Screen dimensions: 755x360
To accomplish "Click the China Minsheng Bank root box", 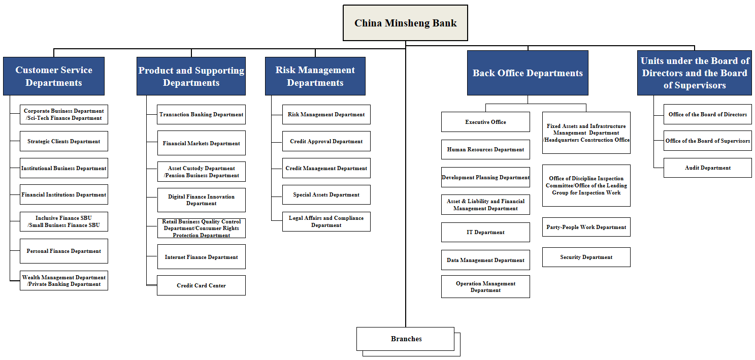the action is (405, 23).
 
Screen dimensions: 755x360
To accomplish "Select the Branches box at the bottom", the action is (405, 339).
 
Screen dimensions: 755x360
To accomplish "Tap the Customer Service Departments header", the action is (54, 76).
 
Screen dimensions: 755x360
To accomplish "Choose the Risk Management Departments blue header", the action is (315, 76).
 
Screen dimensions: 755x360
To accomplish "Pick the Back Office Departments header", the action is (528, 73).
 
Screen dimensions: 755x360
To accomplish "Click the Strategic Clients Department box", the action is (63, 141).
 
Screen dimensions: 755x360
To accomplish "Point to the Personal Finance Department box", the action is (63, 251).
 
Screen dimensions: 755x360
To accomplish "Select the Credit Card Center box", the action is (201, 285).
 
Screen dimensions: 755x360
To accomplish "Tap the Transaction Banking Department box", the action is (201, 115).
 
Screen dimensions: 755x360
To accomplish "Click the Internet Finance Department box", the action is (201, 257).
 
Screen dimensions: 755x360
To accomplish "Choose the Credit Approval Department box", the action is (326, 141).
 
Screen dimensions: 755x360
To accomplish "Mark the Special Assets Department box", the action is (326, 194).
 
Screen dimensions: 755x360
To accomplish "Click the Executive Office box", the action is (485, 122).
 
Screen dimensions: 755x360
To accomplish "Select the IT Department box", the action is (485, 232).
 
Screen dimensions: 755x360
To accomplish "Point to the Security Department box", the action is (586, 257).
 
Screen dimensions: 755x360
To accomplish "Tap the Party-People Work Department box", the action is (586, 227).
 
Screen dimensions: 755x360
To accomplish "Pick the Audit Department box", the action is (707, 168).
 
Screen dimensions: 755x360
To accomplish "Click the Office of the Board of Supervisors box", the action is (707, 141).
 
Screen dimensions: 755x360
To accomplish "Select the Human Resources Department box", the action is (485, 149).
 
